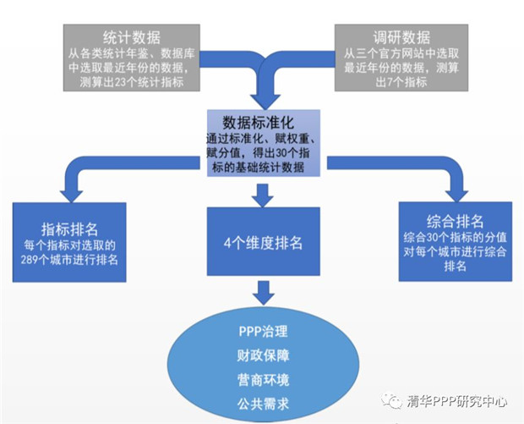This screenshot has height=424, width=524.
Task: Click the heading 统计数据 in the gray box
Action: (131, 37)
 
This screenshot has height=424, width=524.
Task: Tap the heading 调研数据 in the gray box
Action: (401, 37)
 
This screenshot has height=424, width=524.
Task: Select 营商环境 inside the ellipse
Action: (263, 377)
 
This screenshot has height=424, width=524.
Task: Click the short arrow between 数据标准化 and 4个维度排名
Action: (263, 196)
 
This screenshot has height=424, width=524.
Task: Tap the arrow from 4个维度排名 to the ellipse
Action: (263, 294)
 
